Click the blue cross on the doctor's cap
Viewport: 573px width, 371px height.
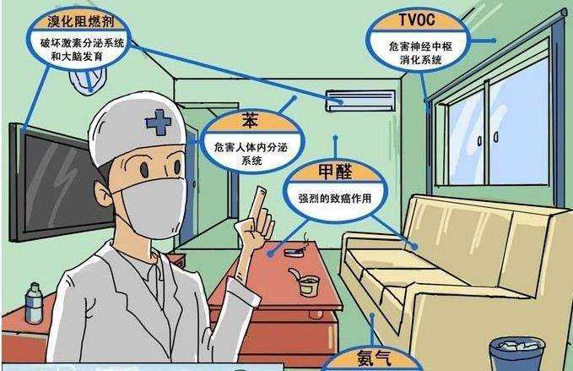coord(158,124)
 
